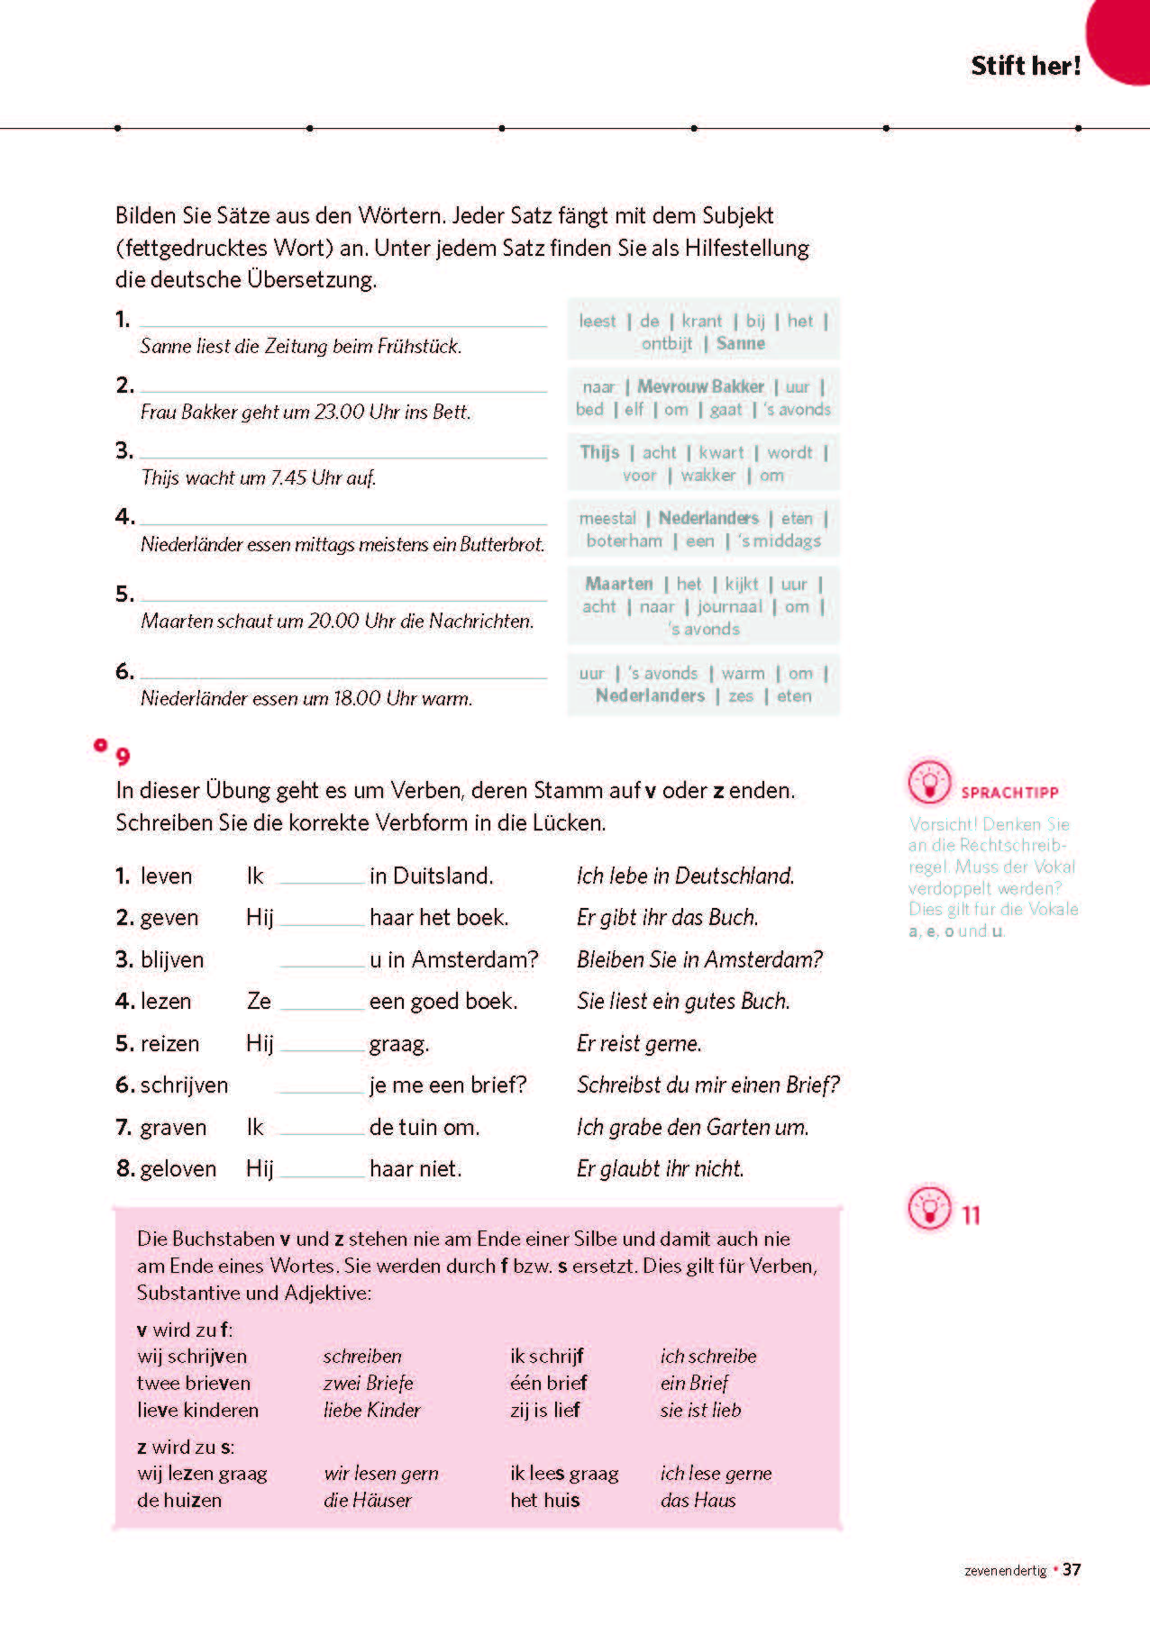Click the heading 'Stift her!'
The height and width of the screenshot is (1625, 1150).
(1025, 66)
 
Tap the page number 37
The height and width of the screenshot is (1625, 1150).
(1072, 1569)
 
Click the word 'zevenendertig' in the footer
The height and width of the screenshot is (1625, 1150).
(1005, 1571)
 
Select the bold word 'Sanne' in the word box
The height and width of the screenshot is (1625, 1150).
(740, 343)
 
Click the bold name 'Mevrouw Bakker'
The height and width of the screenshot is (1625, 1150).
(700, 386)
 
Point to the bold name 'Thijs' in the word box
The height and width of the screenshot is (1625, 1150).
(599, 452)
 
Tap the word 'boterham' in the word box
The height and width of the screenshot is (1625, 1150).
(624, 540)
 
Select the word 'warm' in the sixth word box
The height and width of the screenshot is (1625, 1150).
(743, 673)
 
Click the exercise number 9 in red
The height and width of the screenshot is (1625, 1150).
(123, 756)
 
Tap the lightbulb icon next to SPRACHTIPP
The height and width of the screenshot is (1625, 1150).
(929, 782)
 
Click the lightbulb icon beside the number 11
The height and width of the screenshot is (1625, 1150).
(929, 1208)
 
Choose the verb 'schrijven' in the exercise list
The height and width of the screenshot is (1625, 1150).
(184, 1085)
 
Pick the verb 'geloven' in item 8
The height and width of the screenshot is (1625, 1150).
(178, 1169)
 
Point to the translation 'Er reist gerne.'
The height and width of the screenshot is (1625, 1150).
(639, 1044)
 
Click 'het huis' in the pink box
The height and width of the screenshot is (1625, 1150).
(544, 1500)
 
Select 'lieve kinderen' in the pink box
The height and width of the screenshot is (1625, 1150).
(197, 1410)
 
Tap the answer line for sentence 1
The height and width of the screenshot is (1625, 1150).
(343, 324)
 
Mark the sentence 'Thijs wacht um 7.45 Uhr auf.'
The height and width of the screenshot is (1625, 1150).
(258, 477)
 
